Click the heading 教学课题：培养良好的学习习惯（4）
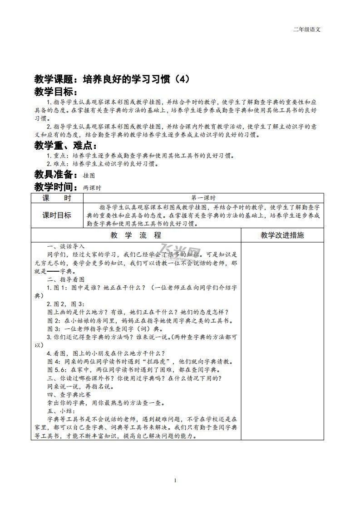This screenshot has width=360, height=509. click(111, 79)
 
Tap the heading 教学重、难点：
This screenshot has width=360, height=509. click(66, 146)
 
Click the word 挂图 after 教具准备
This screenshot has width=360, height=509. click(89, 175)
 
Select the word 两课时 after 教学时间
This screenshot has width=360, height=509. click(92, 187)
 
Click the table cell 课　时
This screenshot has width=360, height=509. click(57, 198)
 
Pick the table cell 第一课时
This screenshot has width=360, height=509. click(203, 198)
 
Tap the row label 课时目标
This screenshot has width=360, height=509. click(57, 215)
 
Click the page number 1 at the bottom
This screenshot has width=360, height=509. click(175, 481)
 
